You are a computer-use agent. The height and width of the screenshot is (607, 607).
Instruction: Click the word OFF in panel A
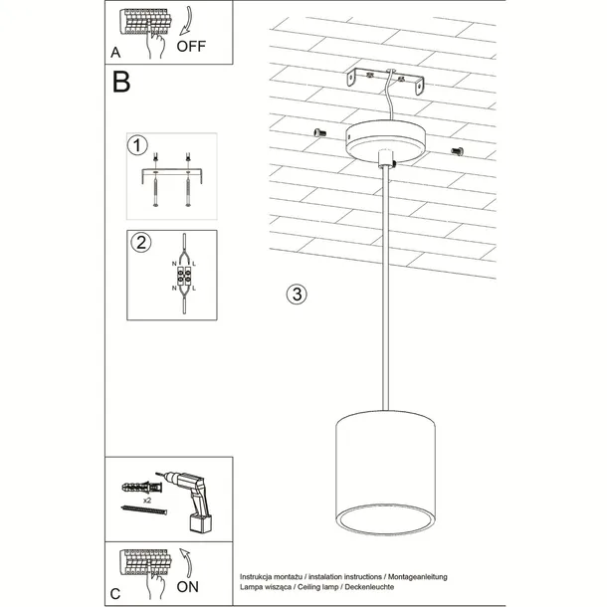click(192, 46)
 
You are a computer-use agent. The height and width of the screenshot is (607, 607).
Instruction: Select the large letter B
click(120, 83)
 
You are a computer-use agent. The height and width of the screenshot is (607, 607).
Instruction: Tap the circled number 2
click(140, 242)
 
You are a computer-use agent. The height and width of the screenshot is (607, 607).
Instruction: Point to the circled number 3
click(296, 294)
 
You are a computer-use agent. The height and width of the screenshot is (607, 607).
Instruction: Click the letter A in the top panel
click(115, 51)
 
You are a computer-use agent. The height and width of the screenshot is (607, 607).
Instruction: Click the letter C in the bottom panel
click(115, 594)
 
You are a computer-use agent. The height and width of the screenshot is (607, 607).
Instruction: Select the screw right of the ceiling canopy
click(459, 150)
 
